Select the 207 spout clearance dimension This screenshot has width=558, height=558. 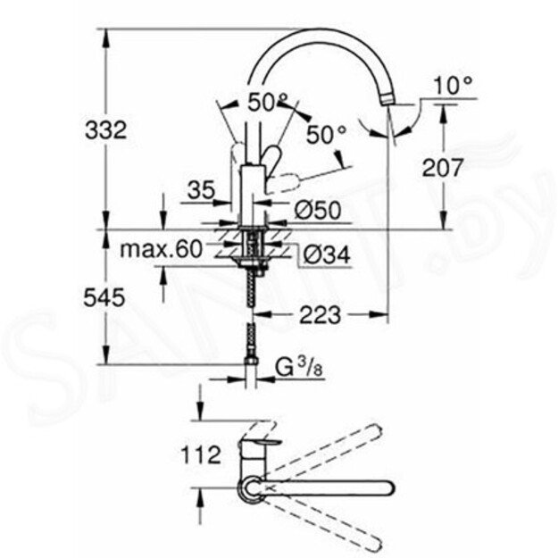pos(443,167)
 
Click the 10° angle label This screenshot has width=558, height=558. pos(453,87)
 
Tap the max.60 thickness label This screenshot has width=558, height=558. pos(162,249)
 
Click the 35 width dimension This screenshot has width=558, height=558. pos(203,188)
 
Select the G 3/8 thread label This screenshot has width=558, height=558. pos(295,365)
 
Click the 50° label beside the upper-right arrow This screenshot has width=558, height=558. pos(326,135)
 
